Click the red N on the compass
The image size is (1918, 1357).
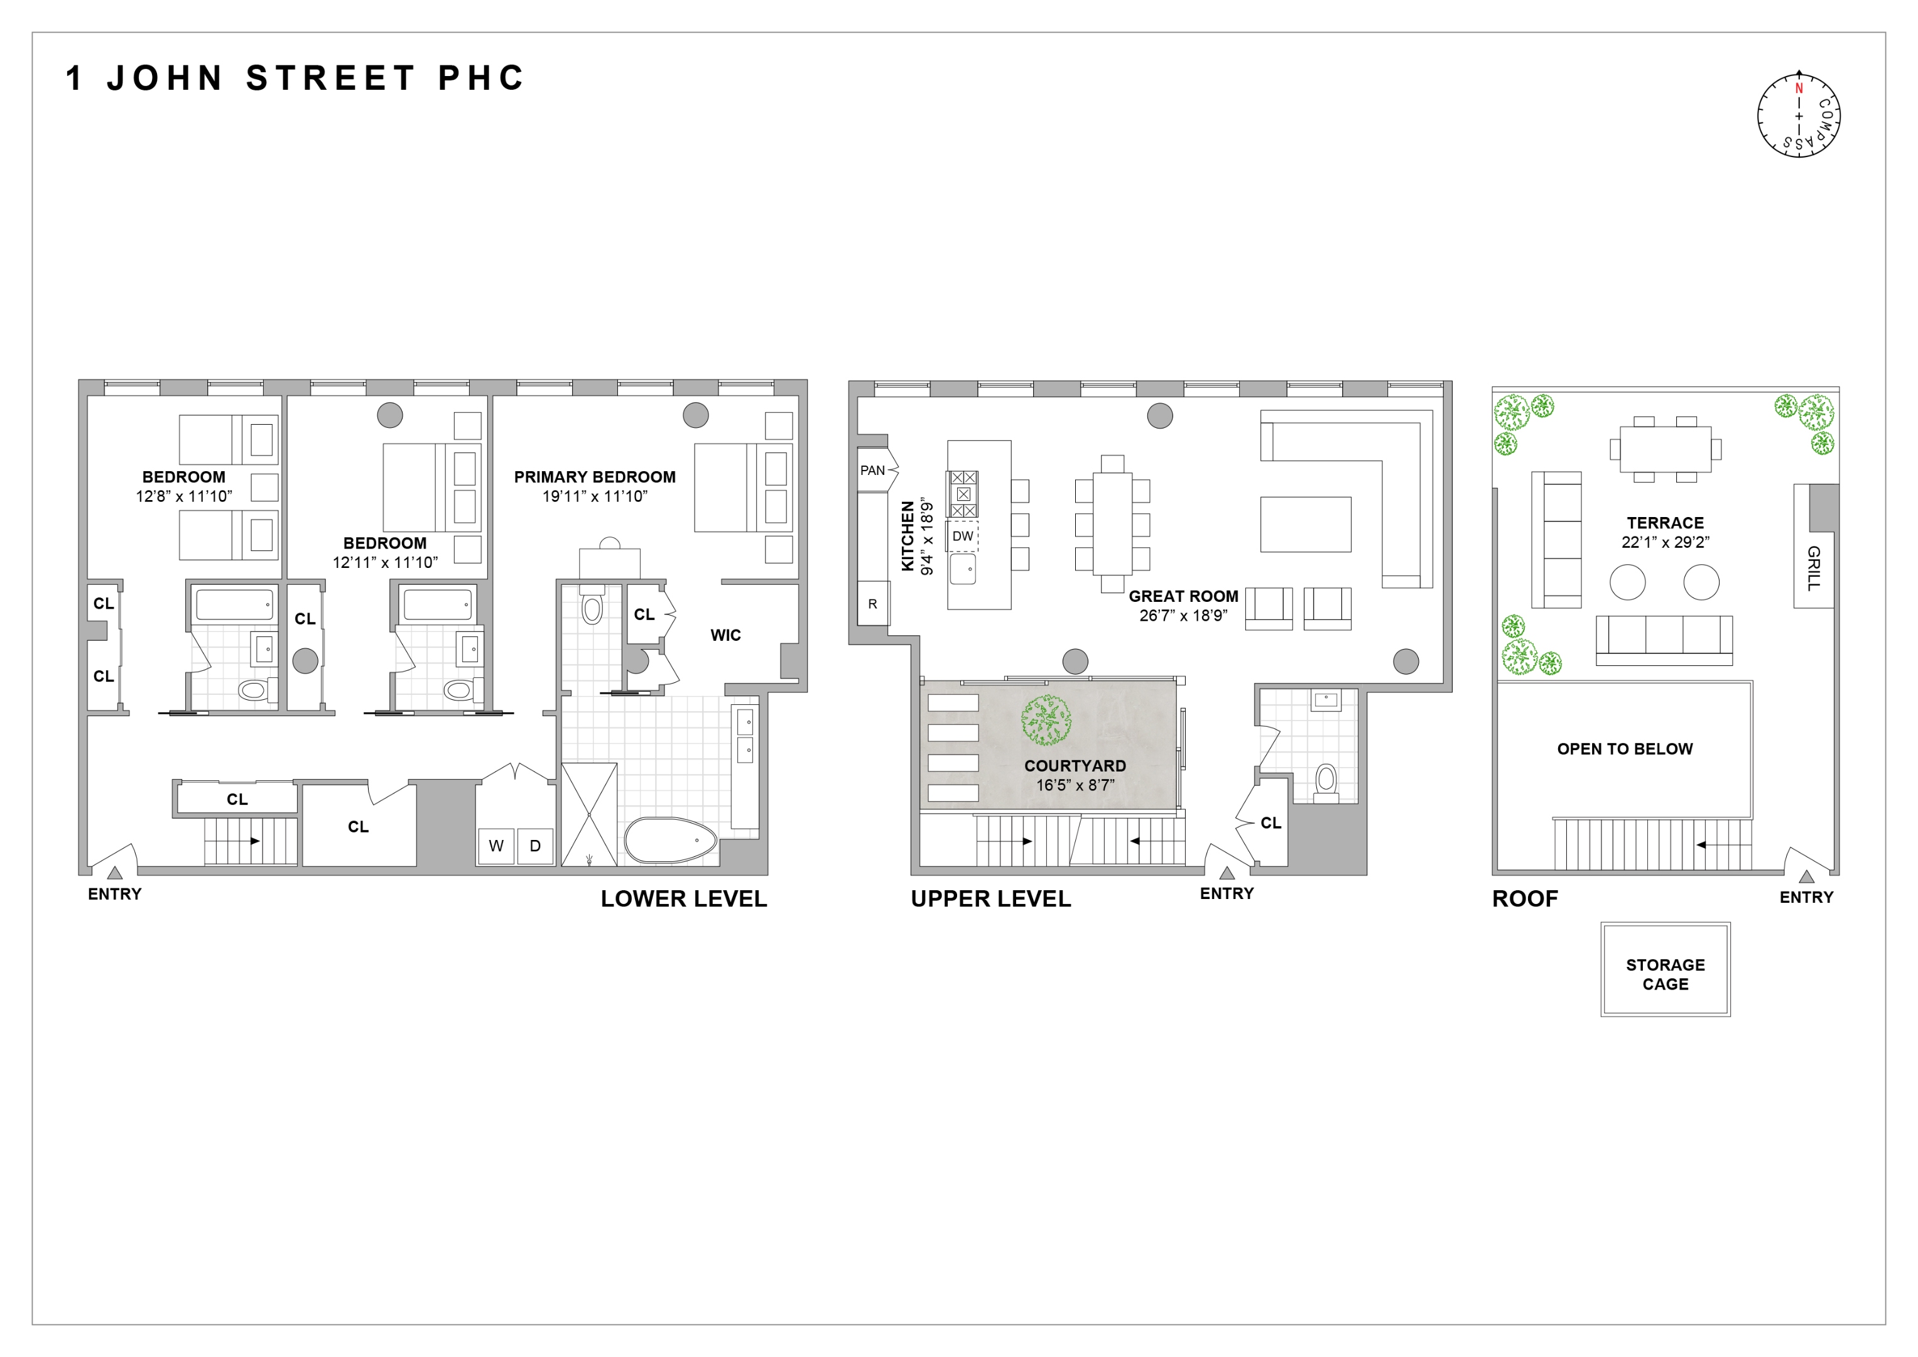coord(1799,89)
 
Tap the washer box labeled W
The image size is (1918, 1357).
coord(496,846)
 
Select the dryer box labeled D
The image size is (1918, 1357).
coord(534,846)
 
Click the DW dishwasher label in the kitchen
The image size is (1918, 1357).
coord(962,537)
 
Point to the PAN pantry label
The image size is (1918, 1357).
coord(872,471)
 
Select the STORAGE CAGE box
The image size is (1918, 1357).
coord(1665,974)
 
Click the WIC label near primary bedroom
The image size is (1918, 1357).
coord(725,635)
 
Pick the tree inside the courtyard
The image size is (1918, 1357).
coord(1046,721)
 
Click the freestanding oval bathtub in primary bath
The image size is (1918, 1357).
coord(671,840)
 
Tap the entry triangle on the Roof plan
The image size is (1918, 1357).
coord(1806,876)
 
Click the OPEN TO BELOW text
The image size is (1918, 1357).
coord(1624,749)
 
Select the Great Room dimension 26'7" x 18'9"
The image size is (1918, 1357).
coord(1183,616)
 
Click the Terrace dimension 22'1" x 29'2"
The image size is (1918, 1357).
coord(1665,542)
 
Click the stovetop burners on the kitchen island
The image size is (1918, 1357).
coord(962,494)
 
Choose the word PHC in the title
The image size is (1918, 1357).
coord(481,79)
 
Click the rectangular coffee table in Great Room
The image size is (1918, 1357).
coord(1305,524)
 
